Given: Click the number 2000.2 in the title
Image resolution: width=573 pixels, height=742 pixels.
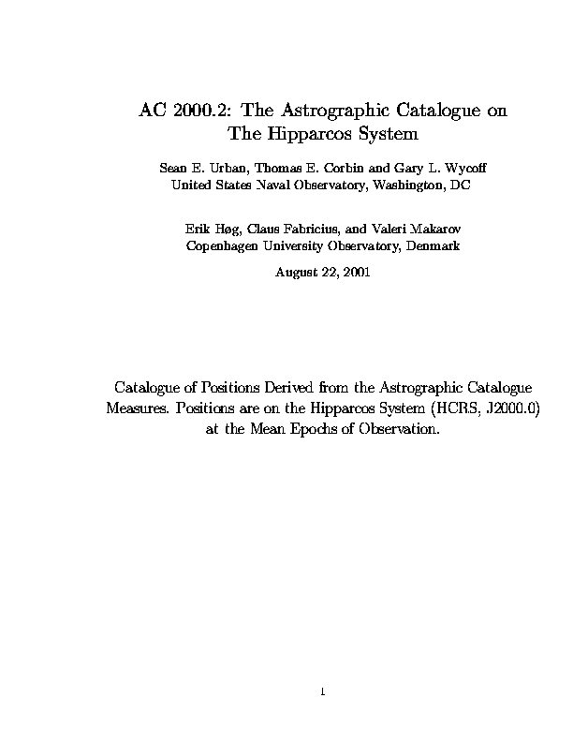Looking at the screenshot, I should (198, 111).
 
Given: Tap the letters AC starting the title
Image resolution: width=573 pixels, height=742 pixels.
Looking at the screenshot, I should (153, 111).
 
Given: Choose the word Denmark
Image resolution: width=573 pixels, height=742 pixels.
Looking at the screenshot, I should (434, 245).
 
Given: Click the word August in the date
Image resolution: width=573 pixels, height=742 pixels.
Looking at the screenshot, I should (295, 273).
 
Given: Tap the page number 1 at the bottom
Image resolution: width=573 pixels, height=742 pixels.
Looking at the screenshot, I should (321, 692).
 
